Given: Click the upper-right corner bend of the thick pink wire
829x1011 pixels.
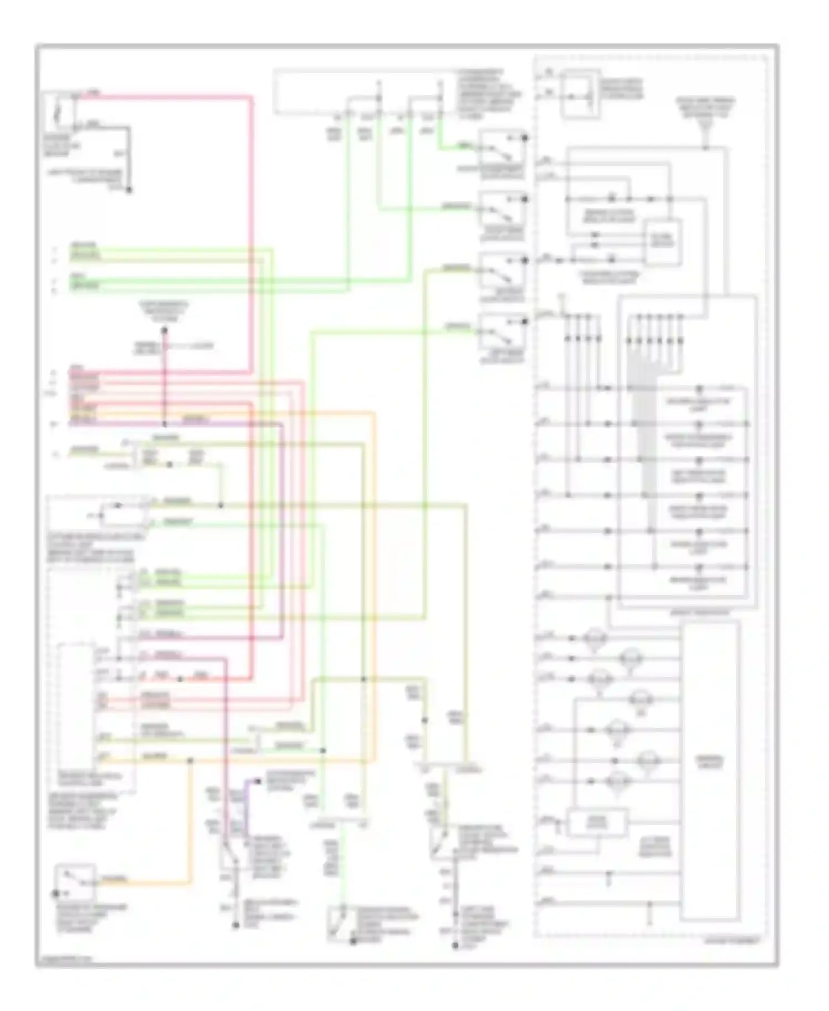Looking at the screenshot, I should click(x=251, y=98).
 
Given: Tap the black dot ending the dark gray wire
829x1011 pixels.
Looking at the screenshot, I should click(x=129, y=191).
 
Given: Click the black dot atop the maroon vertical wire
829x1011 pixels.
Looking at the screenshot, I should click(x=164, y=331).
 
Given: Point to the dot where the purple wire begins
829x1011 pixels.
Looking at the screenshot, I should click(x=257, y=781).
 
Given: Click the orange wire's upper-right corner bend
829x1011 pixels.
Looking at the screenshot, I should click(x=374, y=413).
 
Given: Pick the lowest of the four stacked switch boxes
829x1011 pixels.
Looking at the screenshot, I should click(x=502, y=331).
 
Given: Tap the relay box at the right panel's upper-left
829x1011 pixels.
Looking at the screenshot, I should click(x=580, y=94).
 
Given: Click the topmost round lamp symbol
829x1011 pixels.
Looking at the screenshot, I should click(x=594, y=639).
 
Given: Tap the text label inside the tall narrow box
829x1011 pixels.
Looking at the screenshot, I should click(x=710, y=763).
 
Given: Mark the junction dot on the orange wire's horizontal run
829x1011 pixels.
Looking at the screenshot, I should click(x=190, y=761).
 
